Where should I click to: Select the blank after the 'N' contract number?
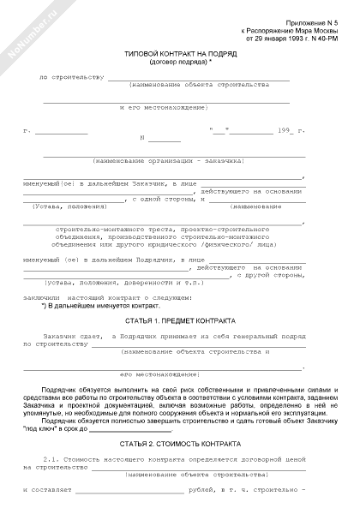(x=164, y=140)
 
